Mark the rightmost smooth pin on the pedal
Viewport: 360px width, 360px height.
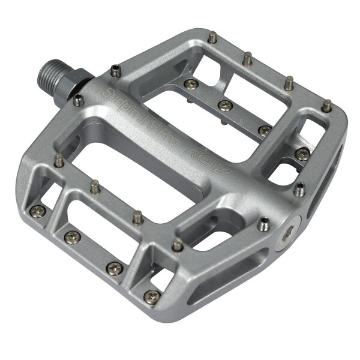click(x=326, y=106)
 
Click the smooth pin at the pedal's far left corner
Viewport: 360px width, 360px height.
click(x=58, y=161)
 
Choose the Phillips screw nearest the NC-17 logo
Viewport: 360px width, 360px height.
click(x=226, y=106)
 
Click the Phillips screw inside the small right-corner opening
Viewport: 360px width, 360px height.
click(x=301, y=153)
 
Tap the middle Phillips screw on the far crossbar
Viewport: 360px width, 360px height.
click(x=226, y=106)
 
